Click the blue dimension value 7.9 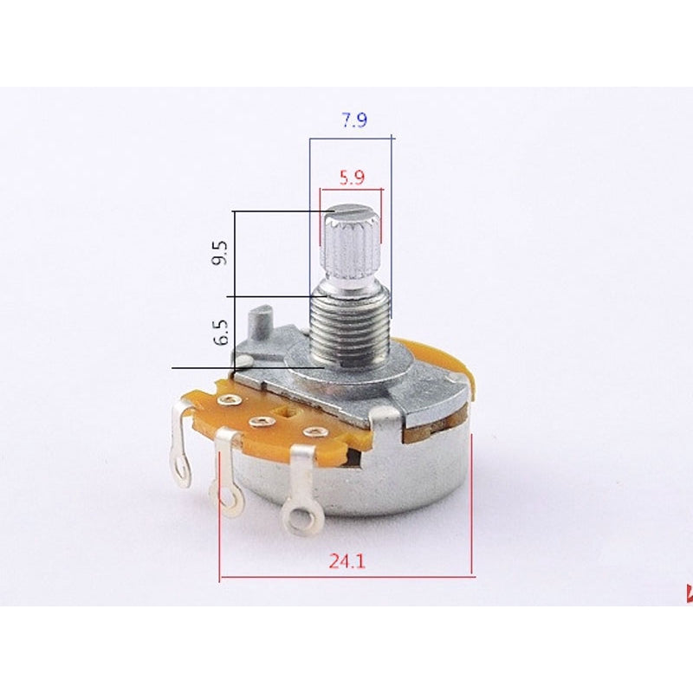click(x=353, y=120)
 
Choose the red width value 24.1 click(x=347, y=561)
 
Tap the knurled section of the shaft click(x=350, y=243)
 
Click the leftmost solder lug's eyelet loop click(x=182, y=471)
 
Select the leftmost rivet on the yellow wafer click(x=229, y=399)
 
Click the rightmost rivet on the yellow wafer click(x=310, y=431)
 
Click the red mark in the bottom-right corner click(x=689, y=594)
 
